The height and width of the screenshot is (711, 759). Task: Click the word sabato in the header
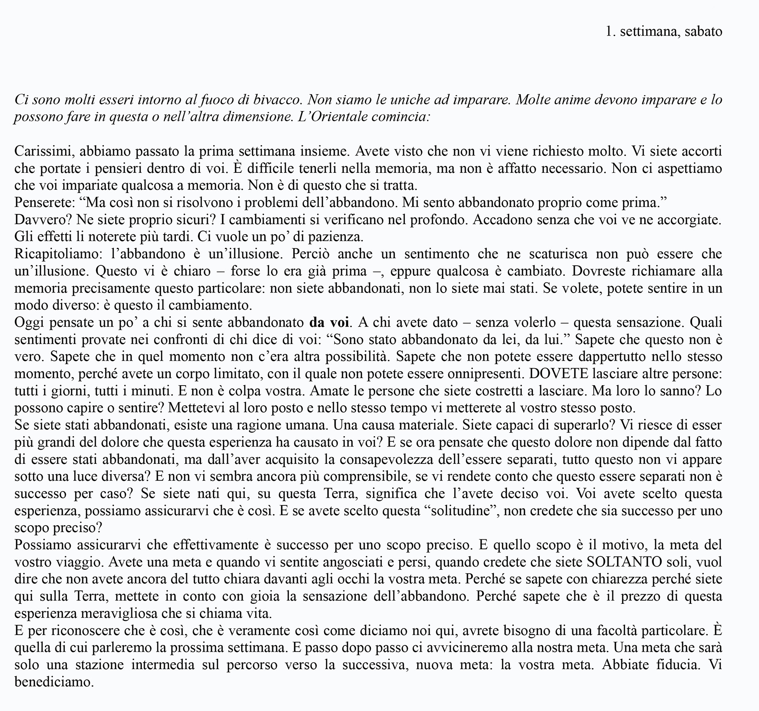[x=703, y=32]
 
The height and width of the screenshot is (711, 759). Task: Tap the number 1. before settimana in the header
[x=611, y=32]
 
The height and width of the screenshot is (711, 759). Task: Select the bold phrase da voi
[x=329, y=323]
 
